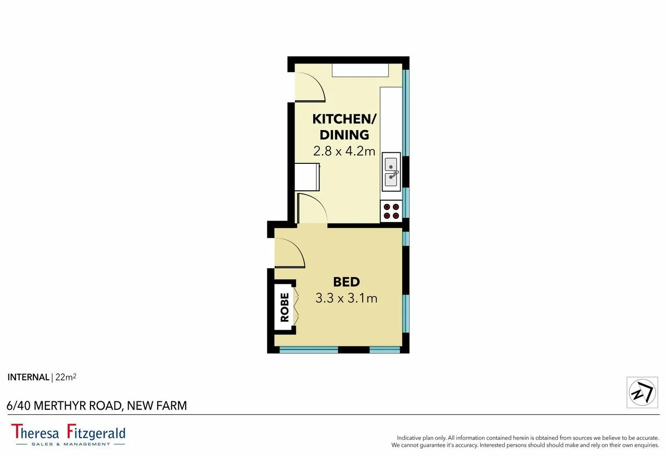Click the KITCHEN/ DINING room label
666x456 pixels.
(x=344, y=126)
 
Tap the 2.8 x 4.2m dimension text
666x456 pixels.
(x=344, y=151)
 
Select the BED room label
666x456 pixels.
(x=346, y=282)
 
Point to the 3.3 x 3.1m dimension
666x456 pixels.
(x=346, y=298)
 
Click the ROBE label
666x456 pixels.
(x=285, y=307)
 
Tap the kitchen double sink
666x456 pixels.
(x=391, y=172)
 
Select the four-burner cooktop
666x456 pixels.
(x=391, y=211)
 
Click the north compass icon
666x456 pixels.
(x=642, y=392)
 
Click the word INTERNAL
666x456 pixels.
(x=28, y=377)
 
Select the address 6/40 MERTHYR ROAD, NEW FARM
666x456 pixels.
(x=97, y=406)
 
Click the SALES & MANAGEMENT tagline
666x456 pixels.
(x=71, y=444)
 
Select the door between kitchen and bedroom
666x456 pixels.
(x=312, y=209)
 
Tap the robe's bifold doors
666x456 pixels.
(x=297, y=307)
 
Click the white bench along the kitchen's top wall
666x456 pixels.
(x=361, y=70)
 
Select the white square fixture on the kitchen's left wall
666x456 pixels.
(x=307, y=177)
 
